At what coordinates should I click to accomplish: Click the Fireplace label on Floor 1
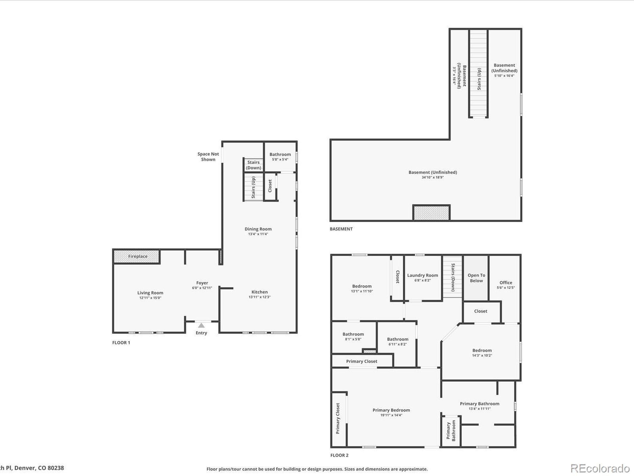(x=138, y=256)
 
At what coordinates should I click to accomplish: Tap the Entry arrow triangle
(x=201, y=325)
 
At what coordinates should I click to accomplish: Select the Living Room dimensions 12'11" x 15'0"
(x=150, y=298)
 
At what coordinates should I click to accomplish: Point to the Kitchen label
(x=259, y=292)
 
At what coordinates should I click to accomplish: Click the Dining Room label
(x=258, y=229)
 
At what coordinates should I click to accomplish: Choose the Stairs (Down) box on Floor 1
(x=253, y=165)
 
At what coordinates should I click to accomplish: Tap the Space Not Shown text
(x=208, y=157)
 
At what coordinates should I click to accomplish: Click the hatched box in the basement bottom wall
(x=431, y=213)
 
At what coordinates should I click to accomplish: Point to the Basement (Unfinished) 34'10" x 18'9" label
(x=432, y=175)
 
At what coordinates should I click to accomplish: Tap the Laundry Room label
(x=423, y=275)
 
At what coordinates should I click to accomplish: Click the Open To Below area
(x=476, y=278)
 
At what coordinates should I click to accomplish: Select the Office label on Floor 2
(x=506, y=283)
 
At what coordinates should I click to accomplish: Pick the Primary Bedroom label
(x=391, y=410)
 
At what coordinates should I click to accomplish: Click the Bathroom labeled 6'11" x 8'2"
(x=397, y=341)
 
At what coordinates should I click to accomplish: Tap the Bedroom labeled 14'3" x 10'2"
(x=482, y=352)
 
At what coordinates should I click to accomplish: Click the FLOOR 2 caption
(x=339, y=455)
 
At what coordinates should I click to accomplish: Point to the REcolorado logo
(x=600, y=468)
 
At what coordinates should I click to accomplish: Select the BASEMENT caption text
(x=341, y=229)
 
